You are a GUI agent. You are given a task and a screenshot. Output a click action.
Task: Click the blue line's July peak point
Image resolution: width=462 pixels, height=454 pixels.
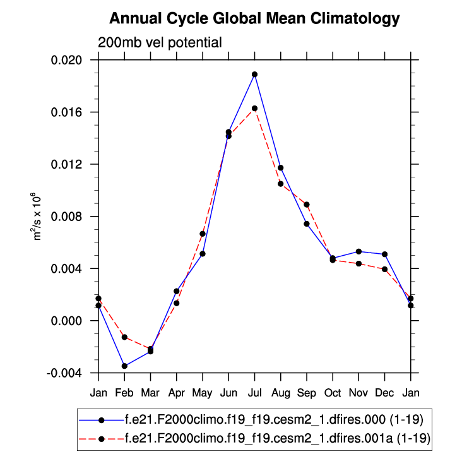254,75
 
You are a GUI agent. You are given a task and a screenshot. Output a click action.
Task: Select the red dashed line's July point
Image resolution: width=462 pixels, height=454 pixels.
254,109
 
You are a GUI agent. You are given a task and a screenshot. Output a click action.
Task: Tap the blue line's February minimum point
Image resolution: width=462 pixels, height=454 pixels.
124,366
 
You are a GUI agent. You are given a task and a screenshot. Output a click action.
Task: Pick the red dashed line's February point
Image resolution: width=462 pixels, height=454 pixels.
124,337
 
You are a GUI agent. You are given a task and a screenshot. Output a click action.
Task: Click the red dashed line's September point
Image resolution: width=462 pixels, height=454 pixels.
306,205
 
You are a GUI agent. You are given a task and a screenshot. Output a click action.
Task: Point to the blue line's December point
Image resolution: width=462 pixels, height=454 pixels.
384,254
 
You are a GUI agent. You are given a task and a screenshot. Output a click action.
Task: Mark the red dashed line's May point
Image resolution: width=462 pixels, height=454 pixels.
203,234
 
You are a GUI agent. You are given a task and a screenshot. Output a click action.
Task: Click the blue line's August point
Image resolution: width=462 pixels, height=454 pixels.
280,168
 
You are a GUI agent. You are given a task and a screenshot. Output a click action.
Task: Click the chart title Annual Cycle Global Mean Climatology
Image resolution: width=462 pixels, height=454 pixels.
254,19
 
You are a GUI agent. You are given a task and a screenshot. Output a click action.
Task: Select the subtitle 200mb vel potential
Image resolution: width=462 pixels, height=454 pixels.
160,43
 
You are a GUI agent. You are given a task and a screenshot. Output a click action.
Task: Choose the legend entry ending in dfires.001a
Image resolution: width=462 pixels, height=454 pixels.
268,438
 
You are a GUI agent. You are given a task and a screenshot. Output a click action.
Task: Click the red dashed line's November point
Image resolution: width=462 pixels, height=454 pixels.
358,263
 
